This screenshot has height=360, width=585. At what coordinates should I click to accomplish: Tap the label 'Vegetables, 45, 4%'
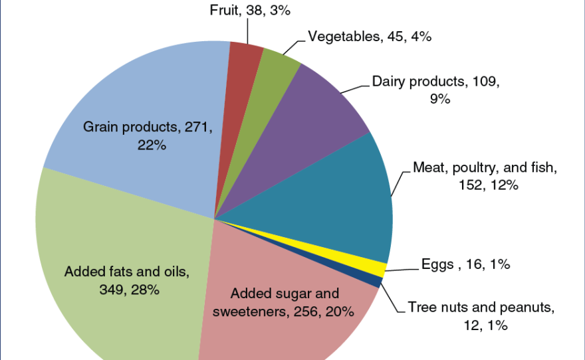click(370, 37)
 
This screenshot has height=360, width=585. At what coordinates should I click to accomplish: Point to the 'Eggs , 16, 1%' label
click(465, 264)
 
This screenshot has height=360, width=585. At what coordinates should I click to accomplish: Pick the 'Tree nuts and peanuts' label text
click(481, 307)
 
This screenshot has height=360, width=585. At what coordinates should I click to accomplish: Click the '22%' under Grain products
click(152, 144)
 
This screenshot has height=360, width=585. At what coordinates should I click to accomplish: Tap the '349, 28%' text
click(127, 289)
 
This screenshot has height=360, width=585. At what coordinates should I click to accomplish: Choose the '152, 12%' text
click(483, 185)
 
